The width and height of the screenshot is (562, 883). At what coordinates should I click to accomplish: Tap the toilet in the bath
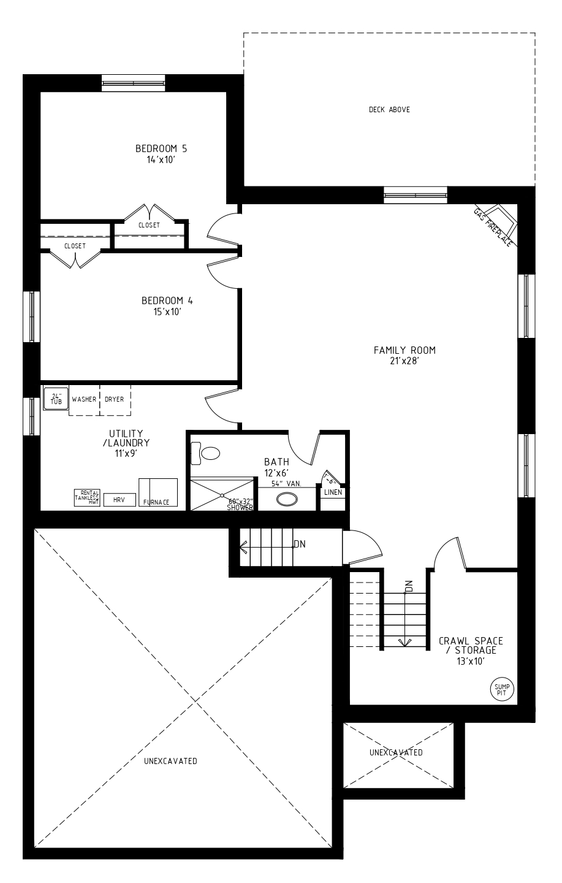(205, 453)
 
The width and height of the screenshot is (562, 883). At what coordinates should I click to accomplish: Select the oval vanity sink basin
(287, 499)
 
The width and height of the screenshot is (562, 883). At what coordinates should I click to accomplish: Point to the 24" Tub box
(56, 399)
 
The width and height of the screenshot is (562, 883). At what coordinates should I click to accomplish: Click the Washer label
(84, 399)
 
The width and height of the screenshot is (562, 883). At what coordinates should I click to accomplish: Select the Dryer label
(114, 399)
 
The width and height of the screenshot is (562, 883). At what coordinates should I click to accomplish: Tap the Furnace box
(158, 492)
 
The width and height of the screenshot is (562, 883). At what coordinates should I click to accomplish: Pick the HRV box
(120, 500)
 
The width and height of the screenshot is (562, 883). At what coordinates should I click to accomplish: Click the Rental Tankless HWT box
(87, 498)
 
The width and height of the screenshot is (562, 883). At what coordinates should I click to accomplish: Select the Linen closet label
(333, 492)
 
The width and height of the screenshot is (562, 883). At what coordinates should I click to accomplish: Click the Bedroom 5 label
(161, 148)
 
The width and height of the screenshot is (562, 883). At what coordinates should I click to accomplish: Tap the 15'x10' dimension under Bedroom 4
(167, 312)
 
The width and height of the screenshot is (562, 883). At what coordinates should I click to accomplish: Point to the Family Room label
(404, 350)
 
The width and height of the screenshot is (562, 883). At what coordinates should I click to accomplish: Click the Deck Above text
(389, 110)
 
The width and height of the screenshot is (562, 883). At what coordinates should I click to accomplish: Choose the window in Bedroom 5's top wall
(133, 83)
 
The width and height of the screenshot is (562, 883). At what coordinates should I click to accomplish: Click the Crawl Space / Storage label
(471, 645)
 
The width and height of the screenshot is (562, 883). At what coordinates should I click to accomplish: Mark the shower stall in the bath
(222, 494)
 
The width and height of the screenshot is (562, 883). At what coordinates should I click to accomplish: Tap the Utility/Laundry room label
(126, 438)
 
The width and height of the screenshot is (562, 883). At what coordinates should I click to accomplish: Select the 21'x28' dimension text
(404, 361)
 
